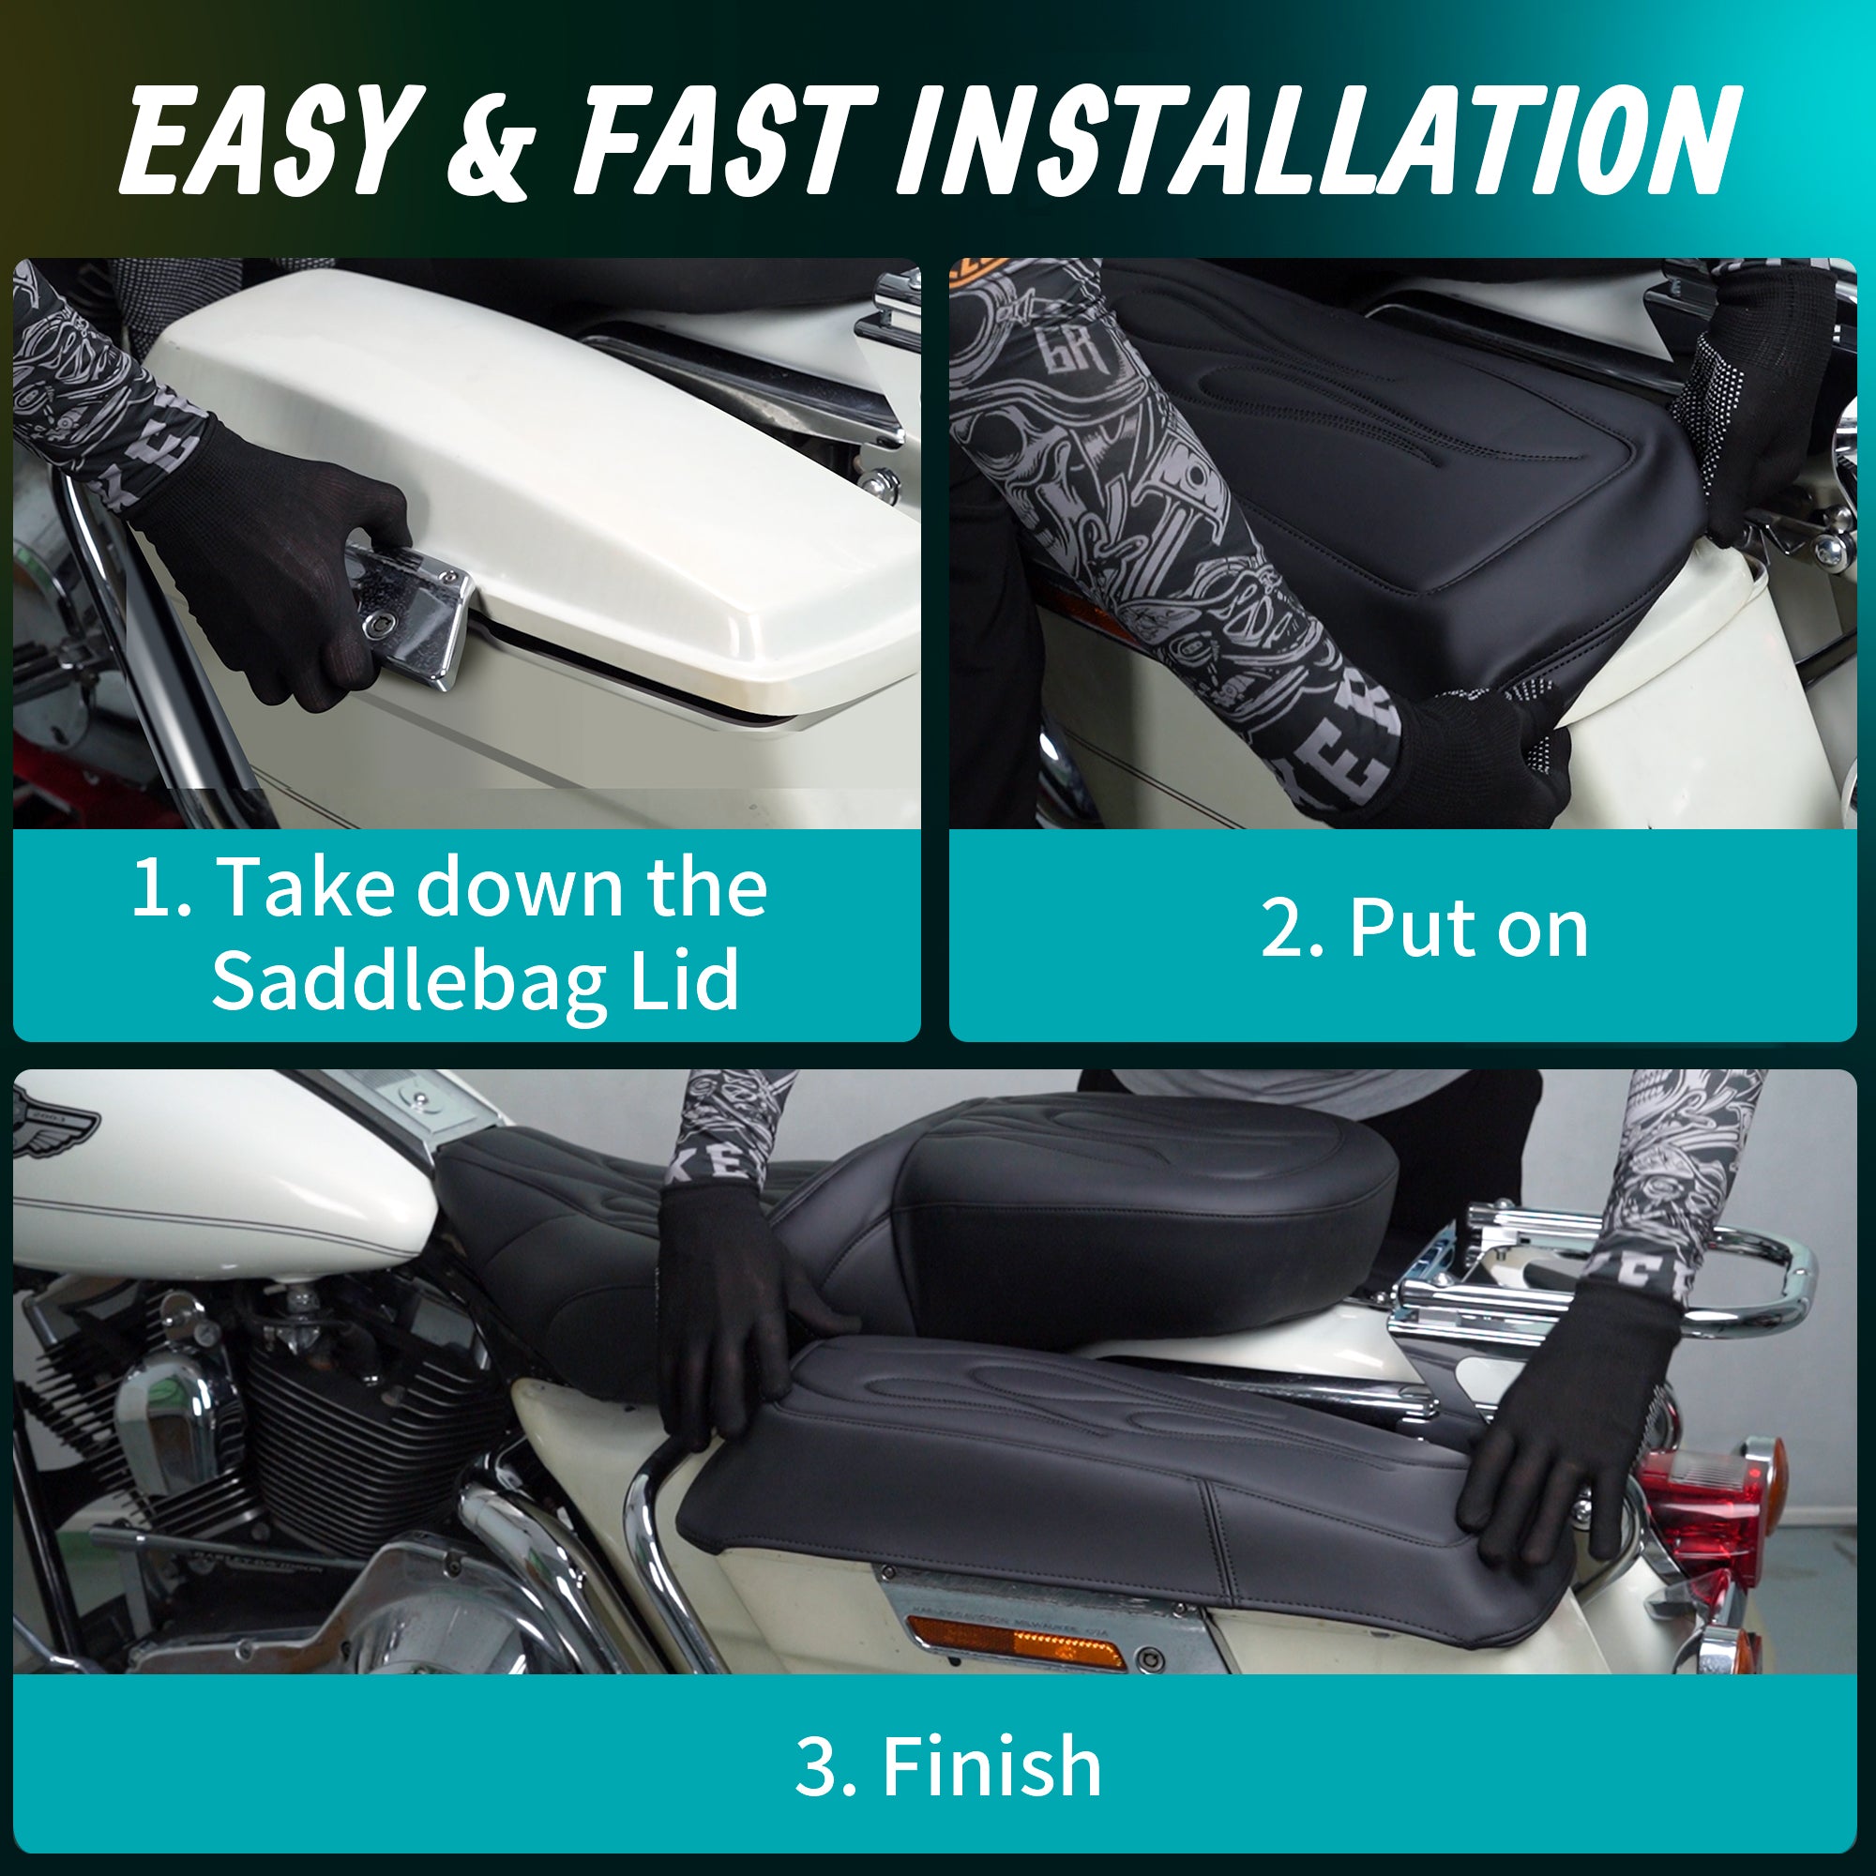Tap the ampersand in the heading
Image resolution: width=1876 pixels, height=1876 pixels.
click(492, 143)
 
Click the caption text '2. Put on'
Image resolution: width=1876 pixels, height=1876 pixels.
click(1424, 930)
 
